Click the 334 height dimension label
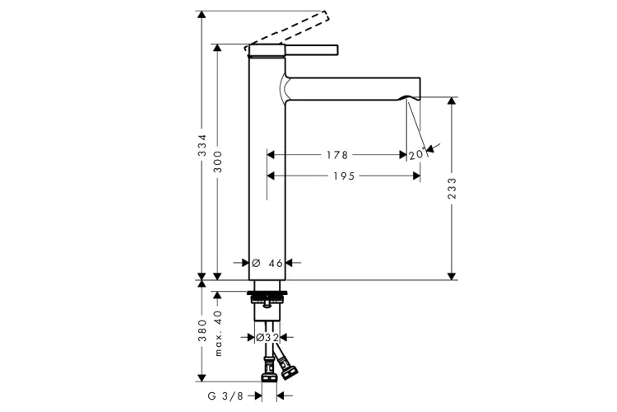(x=202, y=145)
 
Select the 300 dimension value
(x=218, y=162)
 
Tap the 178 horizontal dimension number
(x=337, y=155)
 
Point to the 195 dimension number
(x=345, y=176)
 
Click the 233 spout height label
(x=452, y=189)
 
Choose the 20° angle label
(x=417, y=154)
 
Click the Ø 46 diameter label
(x=267, y=263)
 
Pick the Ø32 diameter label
(x=267, y=338)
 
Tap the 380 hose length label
(x=202, y=330)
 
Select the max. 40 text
(x=218, y=333)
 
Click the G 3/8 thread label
(x=225, y=396)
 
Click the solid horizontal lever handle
(x=311, y=50)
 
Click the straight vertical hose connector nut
(x=268, y=371)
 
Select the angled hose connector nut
(x=287, y=367)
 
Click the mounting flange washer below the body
(x=267, y=293)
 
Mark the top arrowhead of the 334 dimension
(x=202, y=15)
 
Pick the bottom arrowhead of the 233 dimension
(x=452, y=276)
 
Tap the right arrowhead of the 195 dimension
(x=416, y=176)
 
